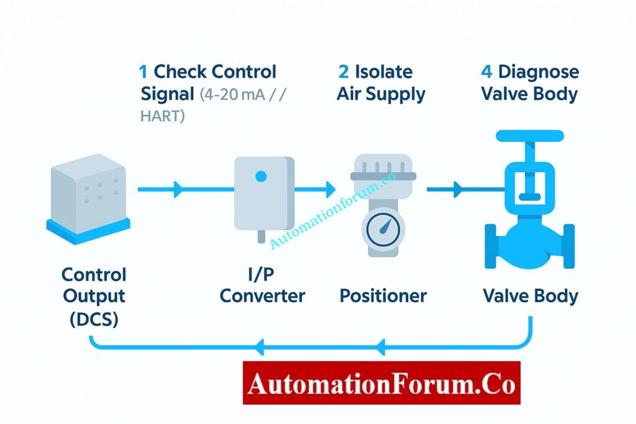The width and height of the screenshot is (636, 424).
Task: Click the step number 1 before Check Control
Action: point(144,72)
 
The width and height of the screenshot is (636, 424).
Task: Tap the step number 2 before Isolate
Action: point(343,72)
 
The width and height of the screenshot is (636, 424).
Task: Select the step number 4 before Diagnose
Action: point(487,72)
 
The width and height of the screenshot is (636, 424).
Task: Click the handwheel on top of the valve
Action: point(529,135)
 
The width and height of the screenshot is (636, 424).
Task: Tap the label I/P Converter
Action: point(262,285)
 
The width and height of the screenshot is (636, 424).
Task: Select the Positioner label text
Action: point(383,295)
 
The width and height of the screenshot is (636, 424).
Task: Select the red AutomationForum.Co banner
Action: point(381,383)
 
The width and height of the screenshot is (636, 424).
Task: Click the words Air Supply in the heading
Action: point(381,94)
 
